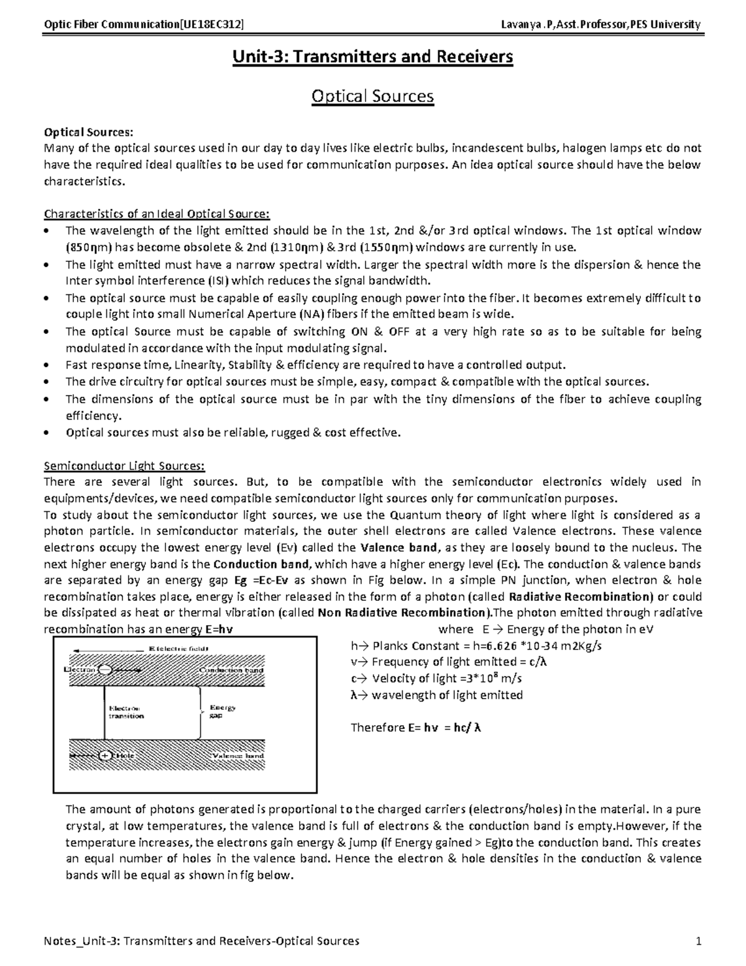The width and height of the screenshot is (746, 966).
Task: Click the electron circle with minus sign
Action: tap(104, 670)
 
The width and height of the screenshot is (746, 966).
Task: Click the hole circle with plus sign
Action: tap(104, 756)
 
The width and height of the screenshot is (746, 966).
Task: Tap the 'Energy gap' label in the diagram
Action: tap(222, 712)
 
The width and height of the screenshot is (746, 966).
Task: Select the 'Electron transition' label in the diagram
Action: tap(126, 712)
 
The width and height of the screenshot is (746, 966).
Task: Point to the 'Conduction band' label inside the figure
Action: tap(231, 670)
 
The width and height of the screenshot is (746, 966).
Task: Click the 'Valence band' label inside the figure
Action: tap(237, 756)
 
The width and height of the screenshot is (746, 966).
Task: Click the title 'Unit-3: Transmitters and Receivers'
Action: tap(372, 57)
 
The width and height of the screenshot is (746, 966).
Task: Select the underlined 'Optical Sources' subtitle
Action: tap(372, 96)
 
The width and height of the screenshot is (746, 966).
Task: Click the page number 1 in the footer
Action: tap(698, 941)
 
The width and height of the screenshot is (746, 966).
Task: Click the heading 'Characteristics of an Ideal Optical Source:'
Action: tap(157, 215)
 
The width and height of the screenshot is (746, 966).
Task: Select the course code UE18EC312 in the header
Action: tap(210, 25)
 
